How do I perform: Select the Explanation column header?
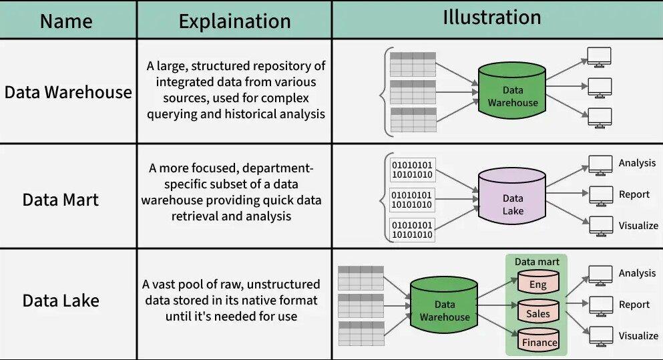coord(234,21)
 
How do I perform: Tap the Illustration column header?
coord(492,18)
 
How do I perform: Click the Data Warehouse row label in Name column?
coord(68,92)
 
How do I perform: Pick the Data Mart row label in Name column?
coord(60,199)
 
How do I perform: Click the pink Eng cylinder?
coord(537,283)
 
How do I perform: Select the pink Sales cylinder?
coord(537,312)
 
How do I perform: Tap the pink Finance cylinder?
coord(539,341)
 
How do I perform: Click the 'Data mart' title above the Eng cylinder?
coord(537,262)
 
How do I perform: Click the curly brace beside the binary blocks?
coord(383,196)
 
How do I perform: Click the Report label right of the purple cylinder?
coord(634,194)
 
